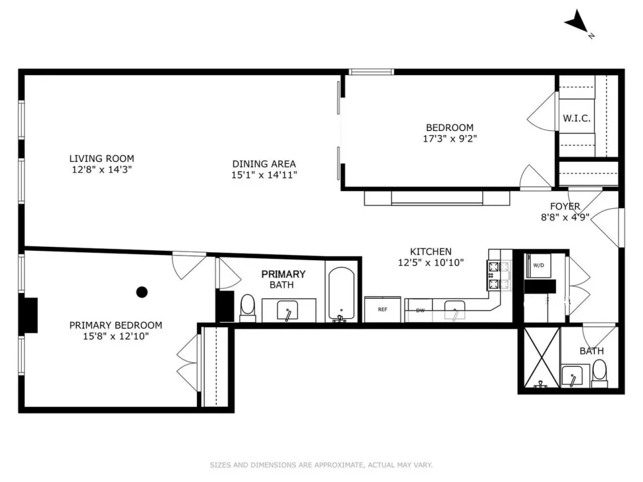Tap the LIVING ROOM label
click(x=102, y=159)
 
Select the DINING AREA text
click(x=264, y=164)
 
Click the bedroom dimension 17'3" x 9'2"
click(x=450, y=139)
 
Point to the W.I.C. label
click(x=577, y=118)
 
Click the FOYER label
click(x=565, y=206)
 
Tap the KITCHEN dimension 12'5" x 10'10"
click(x=431, y=262)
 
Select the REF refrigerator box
click(x=383, y=309)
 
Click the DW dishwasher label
click(x=421, y=310)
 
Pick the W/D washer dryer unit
click(x=538, y=265)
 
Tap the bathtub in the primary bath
click(x=341, y=294)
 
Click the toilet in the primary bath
click(x=248, y=308)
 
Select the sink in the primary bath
click(x=287, y=310)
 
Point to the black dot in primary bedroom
click(x=142, y=292)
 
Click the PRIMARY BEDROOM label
click(x=116, y=325)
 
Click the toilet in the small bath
click(x=599, y=373)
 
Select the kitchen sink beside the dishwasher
click(x=455, y=310)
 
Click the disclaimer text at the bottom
click(x=321, y=465)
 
